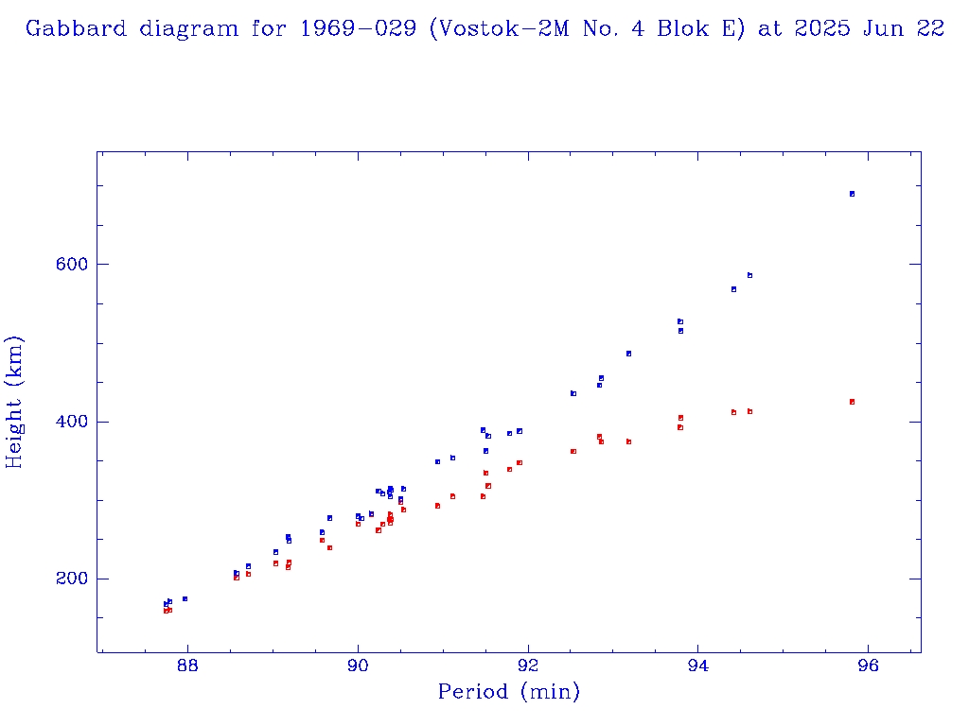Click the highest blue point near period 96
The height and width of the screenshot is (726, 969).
852,194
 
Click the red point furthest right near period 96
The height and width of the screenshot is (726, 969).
852,402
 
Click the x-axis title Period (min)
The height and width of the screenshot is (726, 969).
508,693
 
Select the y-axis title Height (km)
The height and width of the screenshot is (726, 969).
15,402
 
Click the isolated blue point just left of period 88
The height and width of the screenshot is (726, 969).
185,598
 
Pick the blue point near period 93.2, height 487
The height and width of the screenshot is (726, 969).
628,354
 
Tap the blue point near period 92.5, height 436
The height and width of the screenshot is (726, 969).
573,393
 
